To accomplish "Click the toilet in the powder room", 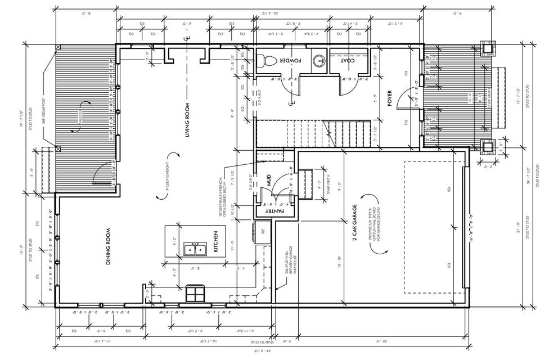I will (x=268, y=60).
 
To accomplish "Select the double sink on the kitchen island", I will (x=199, y=249).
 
